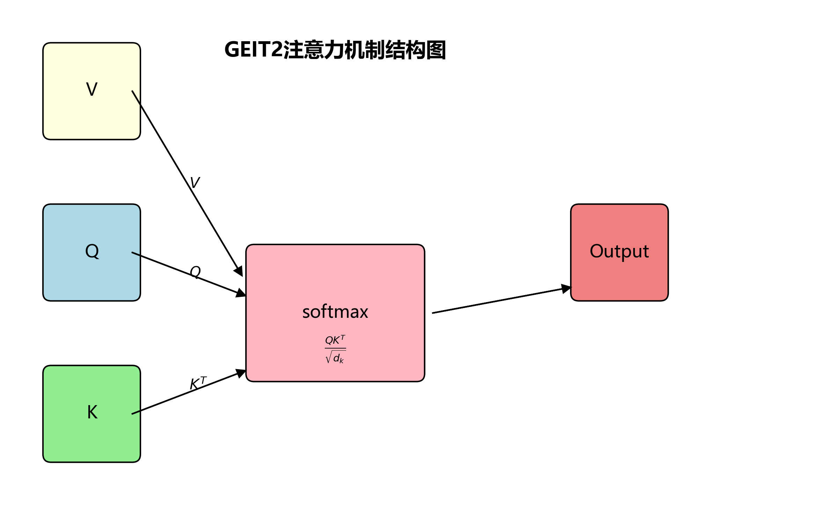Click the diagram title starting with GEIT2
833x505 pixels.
point(335,50)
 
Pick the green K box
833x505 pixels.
point(92,440)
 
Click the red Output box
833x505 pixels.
point(619,276)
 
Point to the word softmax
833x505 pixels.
point(335,312)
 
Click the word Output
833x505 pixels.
point(619,251)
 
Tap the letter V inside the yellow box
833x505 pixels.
point(92,89)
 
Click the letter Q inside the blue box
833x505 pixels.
point(92,251)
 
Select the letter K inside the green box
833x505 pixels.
point(92,412)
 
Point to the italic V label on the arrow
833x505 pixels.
point(195,182)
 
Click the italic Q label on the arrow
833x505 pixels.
point(195,271)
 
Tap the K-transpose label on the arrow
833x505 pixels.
point(198,383)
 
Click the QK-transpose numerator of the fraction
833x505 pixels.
point(335,340)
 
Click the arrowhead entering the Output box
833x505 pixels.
point(566,288)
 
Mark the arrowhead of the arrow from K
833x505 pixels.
point(241,373)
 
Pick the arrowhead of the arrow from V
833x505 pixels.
point(239,271)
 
